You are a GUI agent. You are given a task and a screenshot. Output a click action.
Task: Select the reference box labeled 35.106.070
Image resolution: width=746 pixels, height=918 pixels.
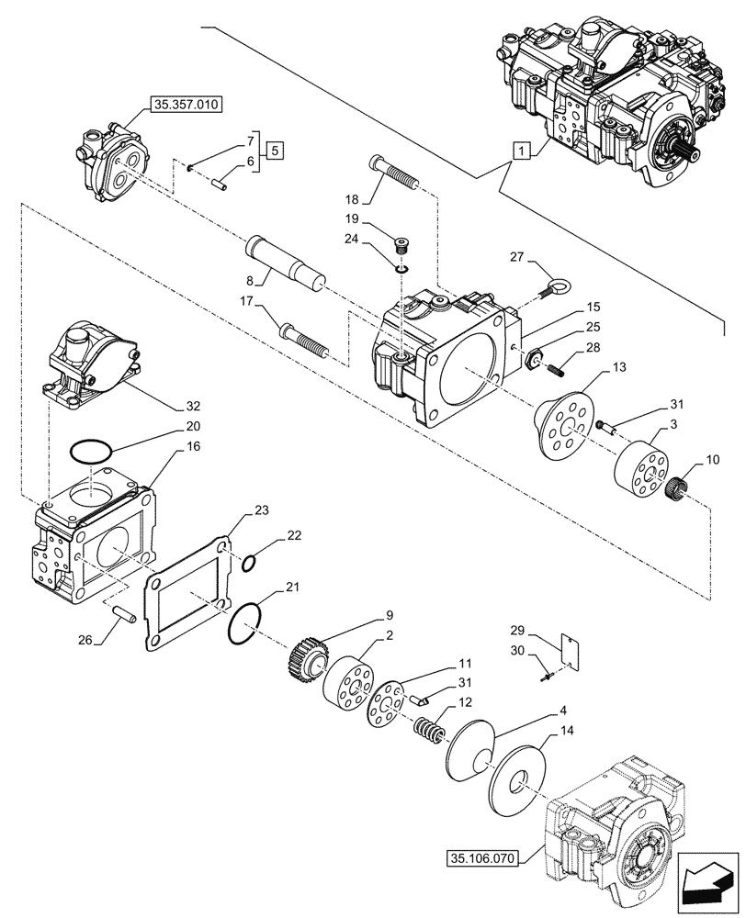pos(483,859)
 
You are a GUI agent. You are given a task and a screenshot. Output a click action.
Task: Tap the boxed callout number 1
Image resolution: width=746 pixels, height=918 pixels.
pos(522,150)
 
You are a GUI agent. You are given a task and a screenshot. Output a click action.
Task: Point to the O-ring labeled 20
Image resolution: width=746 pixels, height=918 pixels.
pos(93,451)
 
